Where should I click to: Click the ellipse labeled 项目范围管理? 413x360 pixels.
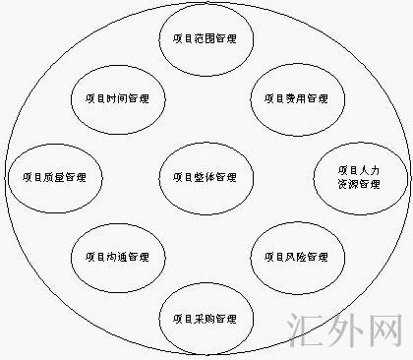[x=206, y=40]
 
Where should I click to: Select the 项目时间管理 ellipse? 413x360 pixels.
[x=118, y=99]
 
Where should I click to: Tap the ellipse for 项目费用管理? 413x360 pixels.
[x=296, y=99]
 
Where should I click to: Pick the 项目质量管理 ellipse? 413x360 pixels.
[x=47, y=178]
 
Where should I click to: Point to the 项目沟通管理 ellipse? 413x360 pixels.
[x=118, y=258]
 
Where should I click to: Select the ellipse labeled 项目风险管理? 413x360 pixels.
[x=296, y=258]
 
